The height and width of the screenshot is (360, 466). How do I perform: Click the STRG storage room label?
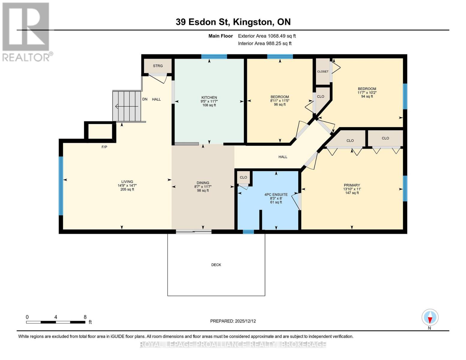(x=158, y=66)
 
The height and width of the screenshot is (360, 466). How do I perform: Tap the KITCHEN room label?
(x=209, y=97)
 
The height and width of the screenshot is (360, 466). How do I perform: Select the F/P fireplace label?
(x=104, y=147)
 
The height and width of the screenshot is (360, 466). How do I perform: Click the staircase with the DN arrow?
(x=127, y=106)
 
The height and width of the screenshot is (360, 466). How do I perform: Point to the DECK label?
(x=216, y=265)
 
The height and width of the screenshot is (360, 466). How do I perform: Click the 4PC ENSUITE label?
(x=276, y=195)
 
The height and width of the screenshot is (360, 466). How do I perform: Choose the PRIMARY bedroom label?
(x=352, y=185)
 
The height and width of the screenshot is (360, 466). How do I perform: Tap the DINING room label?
(x=203, y=183)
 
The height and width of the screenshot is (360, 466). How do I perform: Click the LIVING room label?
(x=127, y=182)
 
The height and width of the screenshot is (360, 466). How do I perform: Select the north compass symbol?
(x=430, y=317)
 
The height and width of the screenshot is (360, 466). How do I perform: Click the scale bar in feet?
(x=56, y=322)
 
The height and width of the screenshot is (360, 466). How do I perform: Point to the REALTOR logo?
(x=26, y=31)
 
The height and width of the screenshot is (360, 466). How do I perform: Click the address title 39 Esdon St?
(x=233, y=22)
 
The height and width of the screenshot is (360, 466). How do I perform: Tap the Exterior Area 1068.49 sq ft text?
(x=267, y=36)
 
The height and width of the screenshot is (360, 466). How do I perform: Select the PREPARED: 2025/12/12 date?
(x=233, y=321)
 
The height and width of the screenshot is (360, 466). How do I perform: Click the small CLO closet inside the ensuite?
(x=243, y=177)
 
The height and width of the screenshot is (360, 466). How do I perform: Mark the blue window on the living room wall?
(x=61, y=186)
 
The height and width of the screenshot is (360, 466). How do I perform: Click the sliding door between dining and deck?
(x=194, y=231)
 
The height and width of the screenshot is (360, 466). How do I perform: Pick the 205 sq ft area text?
(x=127, y=190)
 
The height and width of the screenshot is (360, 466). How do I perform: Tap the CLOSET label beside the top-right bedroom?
(x=323, y=71)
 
